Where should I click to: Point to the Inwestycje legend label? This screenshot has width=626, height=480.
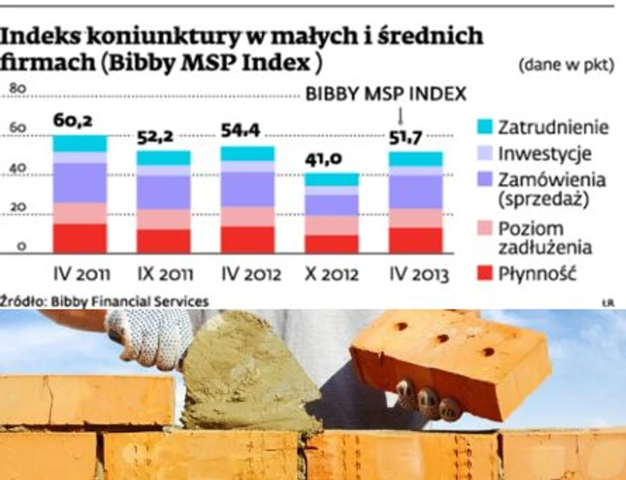click(544, 153)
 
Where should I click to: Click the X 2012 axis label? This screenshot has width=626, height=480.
click(330, 274)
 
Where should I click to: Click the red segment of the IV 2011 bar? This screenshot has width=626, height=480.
click(79, 238)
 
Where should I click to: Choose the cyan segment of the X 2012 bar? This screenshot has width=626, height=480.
click(330, 179)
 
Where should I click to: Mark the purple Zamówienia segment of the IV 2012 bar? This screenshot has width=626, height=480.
click(247, 189)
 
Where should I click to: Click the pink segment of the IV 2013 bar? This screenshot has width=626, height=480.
click(415, 218)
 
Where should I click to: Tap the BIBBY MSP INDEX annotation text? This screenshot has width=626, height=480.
click(386, 95)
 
